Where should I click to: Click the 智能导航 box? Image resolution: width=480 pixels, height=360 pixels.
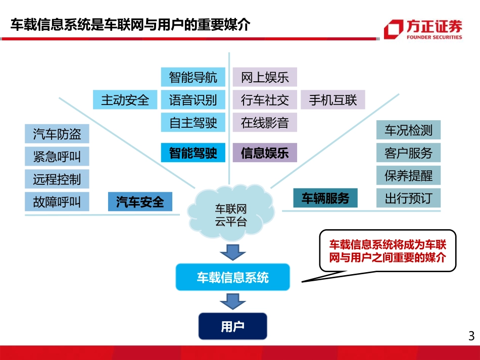pos(193,77)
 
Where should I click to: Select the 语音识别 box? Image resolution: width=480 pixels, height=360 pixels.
pos(193,100)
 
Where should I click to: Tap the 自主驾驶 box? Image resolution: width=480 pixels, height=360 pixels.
pos(193,123)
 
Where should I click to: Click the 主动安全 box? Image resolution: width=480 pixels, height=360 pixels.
pos(125,100)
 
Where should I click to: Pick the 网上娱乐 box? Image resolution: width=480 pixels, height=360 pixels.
pos(265,77)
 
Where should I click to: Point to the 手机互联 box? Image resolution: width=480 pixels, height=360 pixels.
pos(332,100)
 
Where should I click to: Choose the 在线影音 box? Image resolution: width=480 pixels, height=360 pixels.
pos(265,123)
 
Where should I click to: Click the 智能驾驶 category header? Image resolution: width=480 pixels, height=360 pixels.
pos(193,153)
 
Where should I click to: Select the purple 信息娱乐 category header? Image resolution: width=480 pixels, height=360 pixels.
pos(265,153)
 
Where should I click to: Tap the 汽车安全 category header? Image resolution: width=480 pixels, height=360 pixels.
pos(140,202)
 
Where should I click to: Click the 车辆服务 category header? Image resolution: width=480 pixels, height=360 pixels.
pos(325,198)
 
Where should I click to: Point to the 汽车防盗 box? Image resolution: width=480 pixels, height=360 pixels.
pos(57,134)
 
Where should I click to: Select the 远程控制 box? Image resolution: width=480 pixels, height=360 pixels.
pos(57,179)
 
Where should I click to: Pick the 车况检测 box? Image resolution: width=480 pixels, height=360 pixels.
pos(408,130)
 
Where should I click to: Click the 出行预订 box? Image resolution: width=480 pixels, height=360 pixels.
pos(408,198)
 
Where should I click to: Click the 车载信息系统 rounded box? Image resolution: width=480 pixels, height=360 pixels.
pos(232,277)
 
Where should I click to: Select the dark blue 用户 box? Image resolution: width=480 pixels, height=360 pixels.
pos(232,327)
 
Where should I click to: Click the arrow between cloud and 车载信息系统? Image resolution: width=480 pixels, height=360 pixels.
pos(232,251)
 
